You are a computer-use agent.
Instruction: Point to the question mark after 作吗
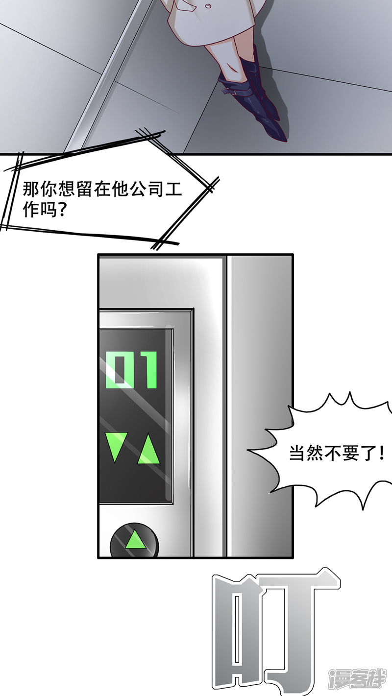(63, 211)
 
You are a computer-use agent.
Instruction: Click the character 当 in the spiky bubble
(296, 454)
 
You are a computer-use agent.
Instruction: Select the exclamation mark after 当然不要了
(380, 454)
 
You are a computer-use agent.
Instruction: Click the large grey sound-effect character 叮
(274, 632)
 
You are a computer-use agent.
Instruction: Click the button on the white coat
(208, 6)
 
